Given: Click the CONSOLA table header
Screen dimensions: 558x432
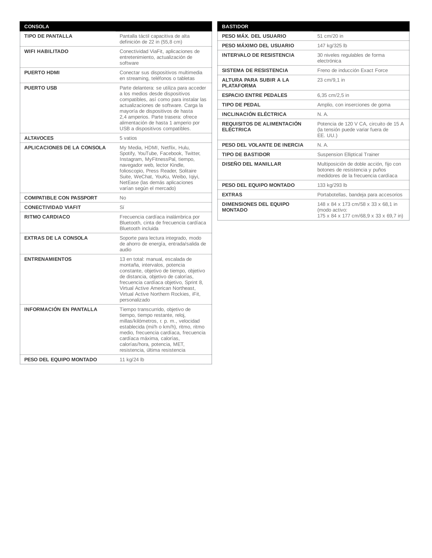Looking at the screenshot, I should (37, 27).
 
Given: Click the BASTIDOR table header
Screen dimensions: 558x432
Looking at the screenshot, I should (235, 27).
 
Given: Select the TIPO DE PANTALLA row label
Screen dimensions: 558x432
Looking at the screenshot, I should (48, 36).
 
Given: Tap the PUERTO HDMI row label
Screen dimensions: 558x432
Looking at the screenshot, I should (42, 73).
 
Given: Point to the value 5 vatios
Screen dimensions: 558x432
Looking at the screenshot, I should (128, 138).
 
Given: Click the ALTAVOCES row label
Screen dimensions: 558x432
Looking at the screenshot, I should (39, 138).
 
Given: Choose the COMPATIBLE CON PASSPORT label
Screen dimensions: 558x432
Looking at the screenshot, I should (61, 198).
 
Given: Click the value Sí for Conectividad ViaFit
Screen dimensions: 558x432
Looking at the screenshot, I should (122, 207).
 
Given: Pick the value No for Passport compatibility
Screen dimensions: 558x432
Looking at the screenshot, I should (122, 198).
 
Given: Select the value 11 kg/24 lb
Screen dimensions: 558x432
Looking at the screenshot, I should (132, 360).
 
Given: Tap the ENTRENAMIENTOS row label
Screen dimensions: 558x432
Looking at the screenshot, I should (48, 259).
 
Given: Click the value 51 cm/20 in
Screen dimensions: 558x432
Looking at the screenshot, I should (330, 36).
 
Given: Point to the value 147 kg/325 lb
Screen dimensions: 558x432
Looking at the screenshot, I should (332, 46).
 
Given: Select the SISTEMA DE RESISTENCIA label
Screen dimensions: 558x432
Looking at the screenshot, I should (255, 71).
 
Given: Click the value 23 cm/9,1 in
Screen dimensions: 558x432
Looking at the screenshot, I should (331, 80).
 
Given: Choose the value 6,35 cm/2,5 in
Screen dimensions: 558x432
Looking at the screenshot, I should (333, 95).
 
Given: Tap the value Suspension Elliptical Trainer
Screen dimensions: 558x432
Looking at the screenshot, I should (348, 154).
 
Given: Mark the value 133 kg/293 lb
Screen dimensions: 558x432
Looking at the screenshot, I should (332, 185).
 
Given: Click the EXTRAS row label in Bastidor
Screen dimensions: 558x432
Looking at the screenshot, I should (232, 195).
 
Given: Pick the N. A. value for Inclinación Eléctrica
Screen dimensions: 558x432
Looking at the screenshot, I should (322, 114).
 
